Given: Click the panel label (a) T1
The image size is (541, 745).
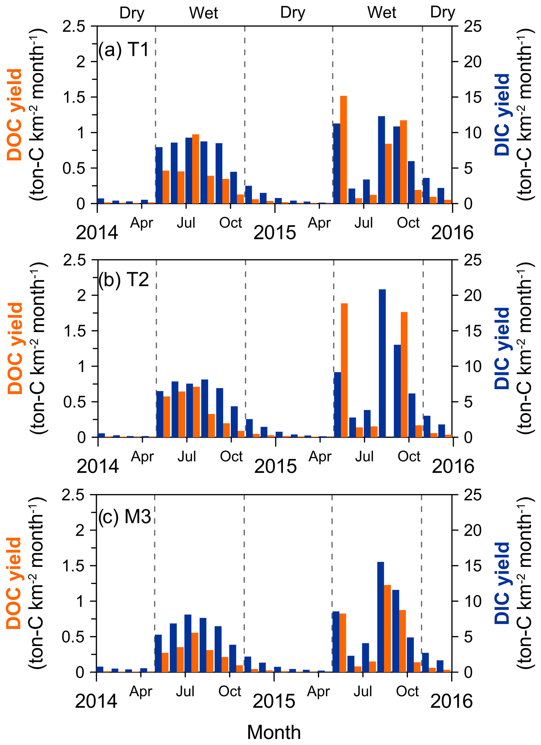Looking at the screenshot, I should click(x=124, y=50).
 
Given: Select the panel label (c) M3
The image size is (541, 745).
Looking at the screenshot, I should click(x=125, y=517).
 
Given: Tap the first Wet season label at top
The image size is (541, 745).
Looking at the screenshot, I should click(x=204, y=13).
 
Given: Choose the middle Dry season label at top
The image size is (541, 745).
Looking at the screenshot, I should click(x=293, y=13).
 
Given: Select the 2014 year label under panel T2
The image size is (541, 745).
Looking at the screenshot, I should click(x=98, y=466).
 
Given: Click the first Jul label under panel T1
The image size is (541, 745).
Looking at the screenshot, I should click(x=186, y=223).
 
